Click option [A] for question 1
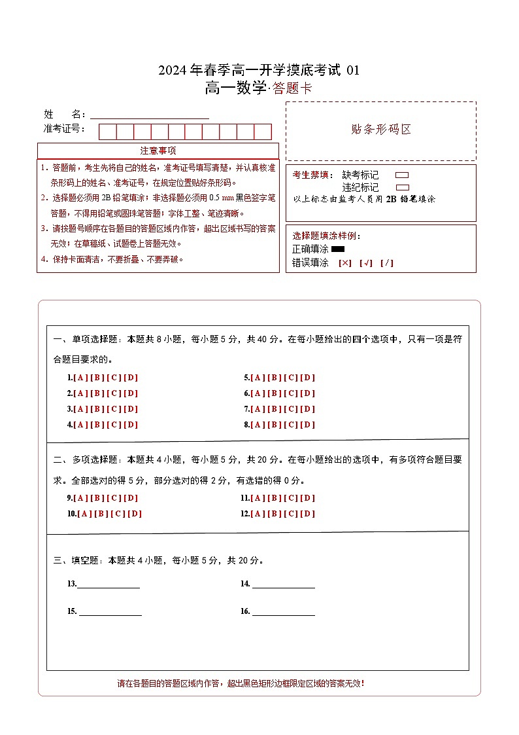coord(81,378)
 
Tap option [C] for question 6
coord(291,393)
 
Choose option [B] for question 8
coord(274,425)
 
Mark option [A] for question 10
coord(85,514)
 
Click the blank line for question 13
coord(109,584)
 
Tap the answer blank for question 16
coord(283,612)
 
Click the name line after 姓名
coord(150,115)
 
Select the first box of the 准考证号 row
coord(107,132)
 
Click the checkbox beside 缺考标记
coord(402,175)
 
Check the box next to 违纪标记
coord(402,187)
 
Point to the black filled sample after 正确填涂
coord(338,249)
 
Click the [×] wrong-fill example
coord(344,263)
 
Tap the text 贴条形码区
coord(381,129)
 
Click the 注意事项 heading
coord(158,151)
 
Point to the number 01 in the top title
coord(352,71)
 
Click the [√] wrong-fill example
coord(365,263)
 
